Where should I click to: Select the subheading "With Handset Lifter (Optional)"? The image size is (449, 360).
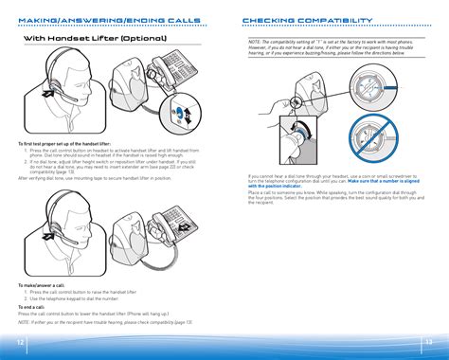94,39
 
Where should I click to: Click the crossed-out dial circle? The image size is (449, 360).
391,134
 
